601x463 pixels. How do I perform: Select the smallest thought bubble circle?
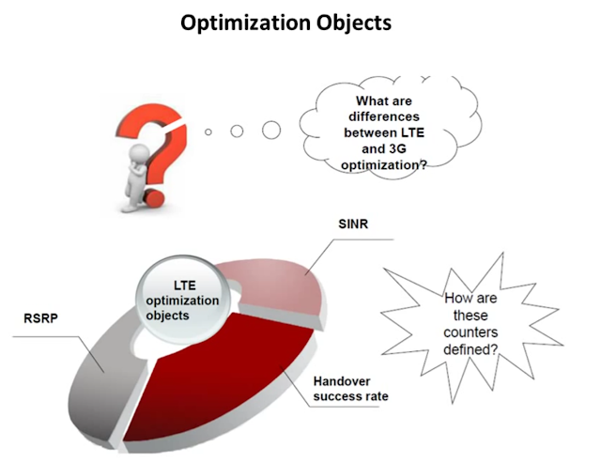(x=208, y=132)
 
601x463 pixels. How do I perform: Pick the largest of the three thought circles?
(x=271, y=130)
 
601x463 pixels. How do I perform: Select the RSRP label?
(x=40, y=319)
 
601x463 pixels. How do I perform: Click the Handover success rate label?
(x=350, y=389)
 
